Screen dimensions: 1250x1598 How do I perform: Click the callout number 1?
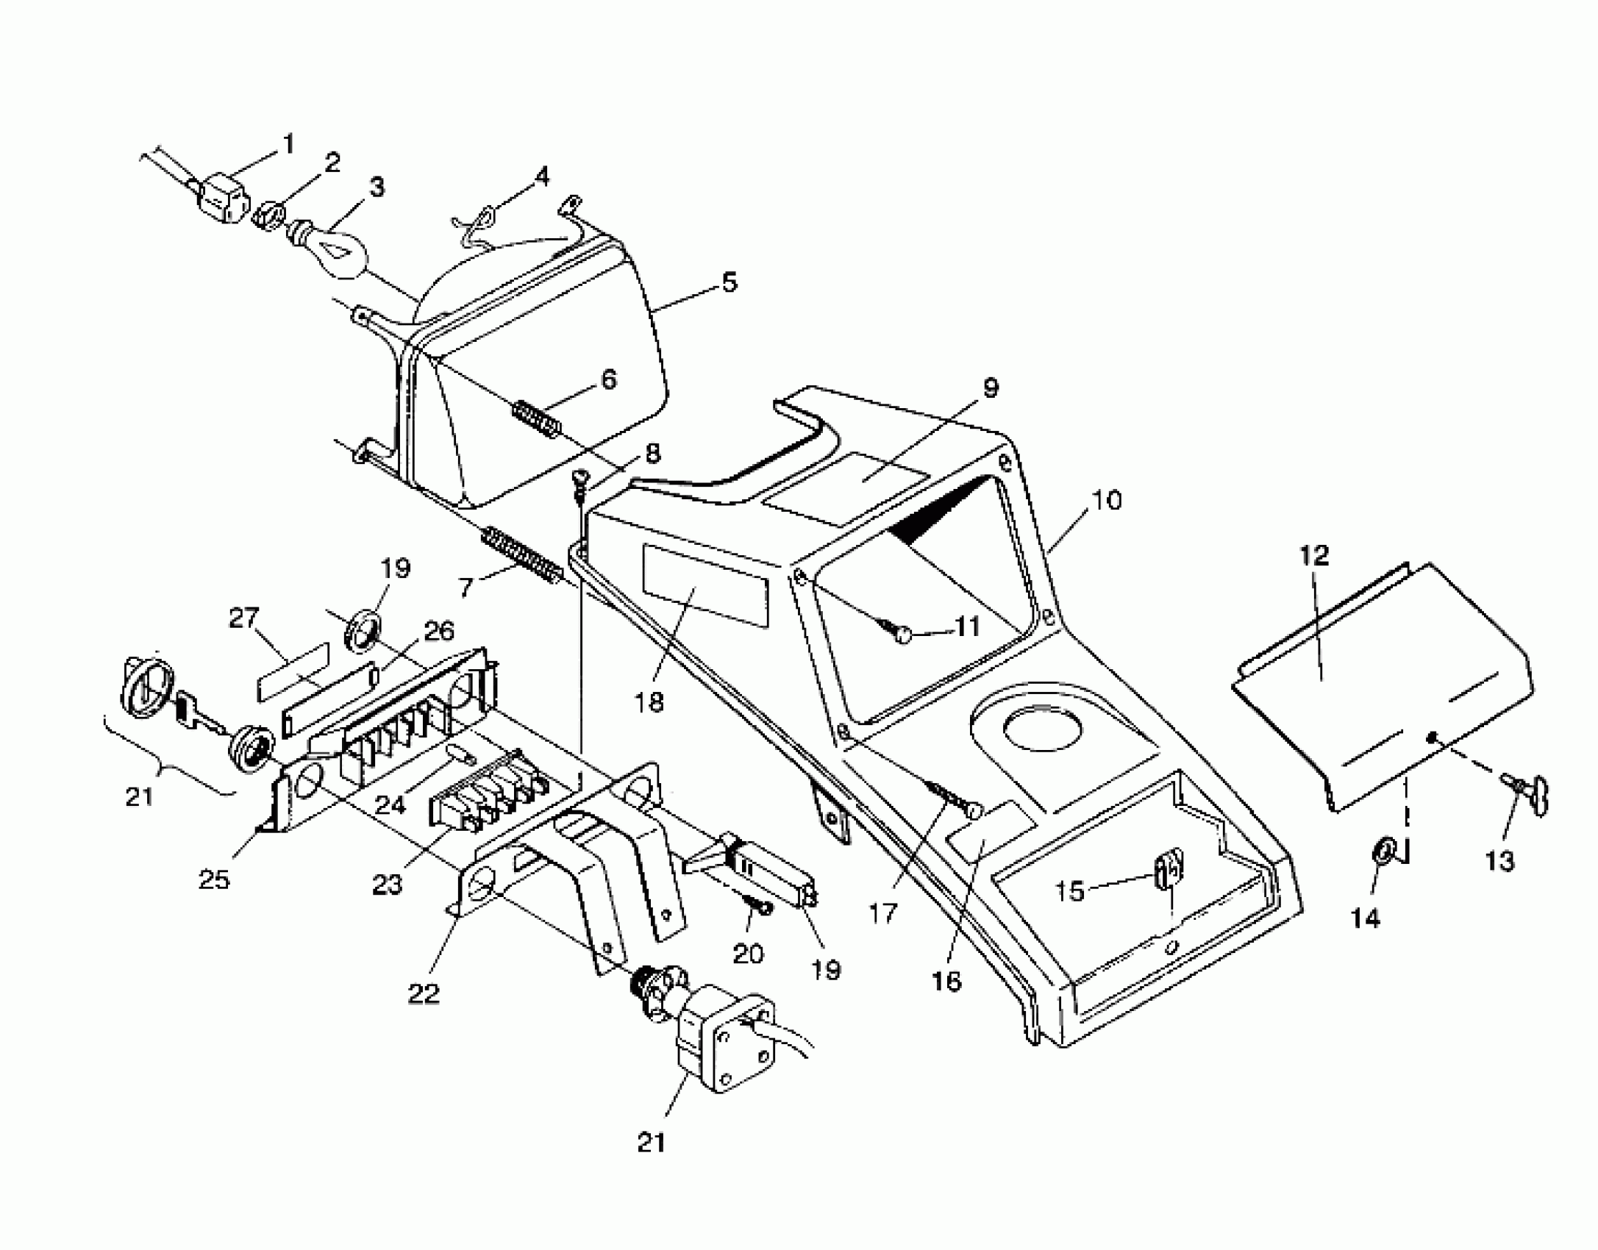click(x=288, y=143)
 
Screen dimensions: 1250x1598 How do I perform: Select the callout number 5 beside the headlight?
click(x=728, y=282)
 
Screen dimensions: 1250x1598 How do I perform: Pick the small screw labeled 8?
click(x=579, y=478)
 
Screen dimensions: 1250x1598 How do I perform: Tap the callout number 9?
click(x=991, y=387)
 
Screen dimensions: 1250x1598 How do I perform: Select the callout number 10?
click(x=1106, y=500)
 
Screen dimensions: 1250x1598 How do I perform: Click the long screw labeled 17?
click(x=952, y=799)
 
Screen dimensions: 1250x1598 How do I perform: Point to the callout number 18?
click(x=650, y=702)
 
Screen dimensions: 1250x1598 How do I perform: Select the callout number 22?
click(x=424, y=993)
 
